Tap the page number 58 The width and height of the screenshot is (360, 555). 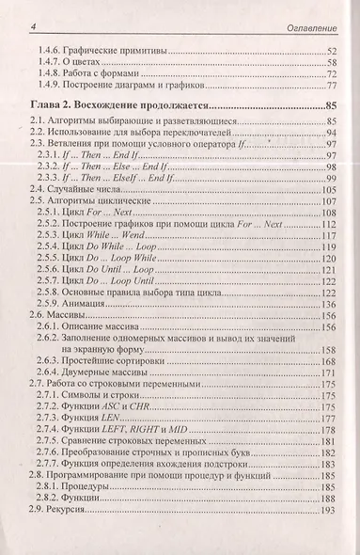click(x=331, y=62)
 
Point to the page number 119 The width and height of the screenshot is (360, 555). click(x=329, y=254)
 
